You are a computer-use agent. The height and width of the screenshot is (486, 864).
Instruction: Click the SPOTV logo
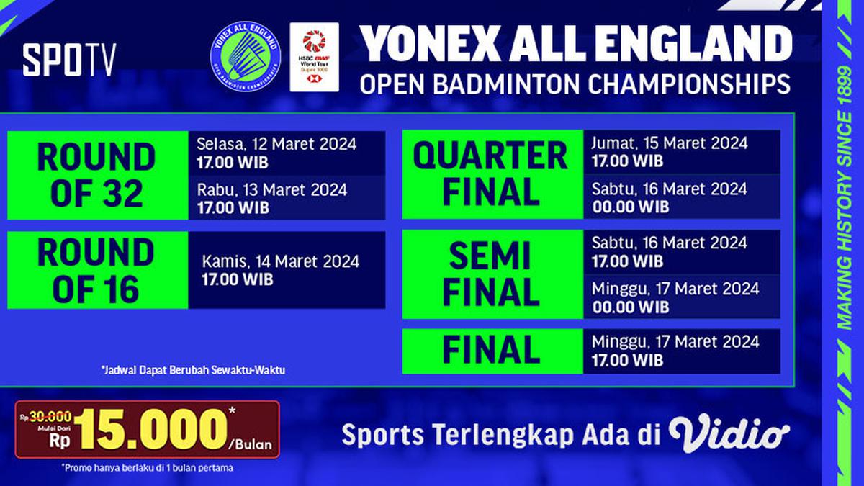coord(68,60)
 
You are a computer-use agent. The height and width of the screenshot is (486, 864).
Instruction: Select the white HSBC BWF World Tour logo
coord(314,57)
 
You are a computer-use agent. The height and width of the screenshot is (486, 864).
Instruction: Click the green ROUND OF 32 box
coord(97,176)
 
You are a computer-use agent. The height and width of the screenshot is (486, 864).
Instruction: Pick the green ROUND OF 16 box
coord(97,271)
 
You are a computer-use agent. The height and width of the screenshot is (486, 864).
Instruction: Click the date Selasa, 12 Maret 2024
coord(276,144)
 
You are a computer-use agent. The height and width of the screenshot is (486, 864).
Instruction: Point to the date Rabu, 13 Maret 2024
coord(272,190)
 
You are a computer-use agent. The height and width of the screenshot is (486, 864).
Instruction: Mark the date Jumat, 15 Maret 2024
coord(670,143)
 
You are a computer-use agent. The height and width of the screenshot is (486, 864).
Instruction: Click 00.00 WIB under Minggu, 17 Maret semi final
coord(630,307)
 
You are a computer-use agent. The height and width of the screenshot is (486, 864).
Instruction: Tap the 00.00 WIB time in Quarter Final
coord(630,207)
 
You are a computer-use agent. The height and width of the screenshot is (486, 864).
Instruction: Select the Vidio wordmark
coord(729,433)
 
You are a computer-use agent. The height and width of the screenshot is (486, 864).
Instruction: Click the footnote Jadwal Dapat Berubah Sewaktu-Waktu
coord(194,371)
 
